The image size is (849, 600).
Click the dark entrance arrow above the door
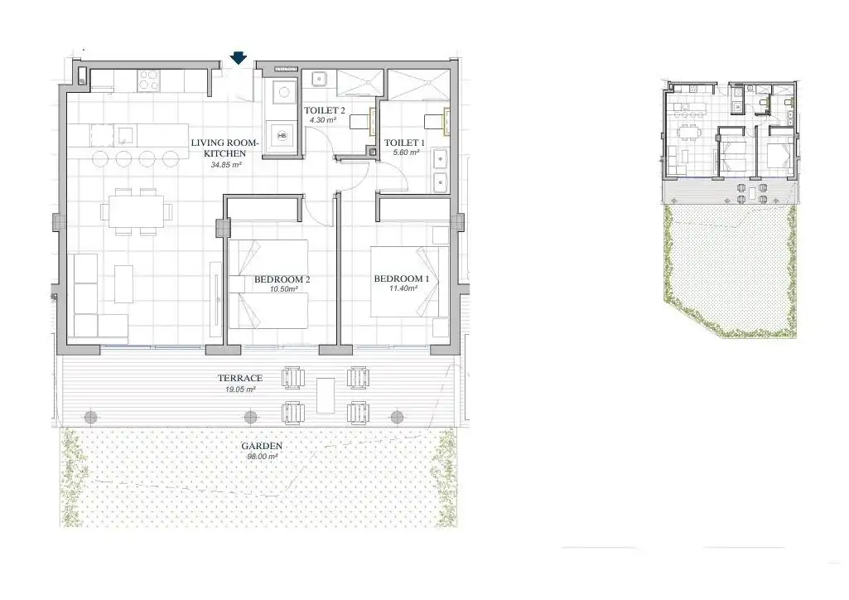pos(239,58)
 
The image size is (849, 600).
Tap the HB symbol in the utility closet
pos(282,135)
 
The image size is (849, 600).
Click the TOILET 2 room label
pos(325,110)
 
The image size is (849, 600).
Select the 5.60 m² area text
pos(406,152)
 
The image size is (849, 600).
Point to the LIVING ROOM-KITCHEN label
pos(224,148)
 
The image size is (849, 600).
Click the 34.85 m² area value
pos(226,165)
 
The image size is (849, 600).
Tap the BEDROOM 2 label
pos(282,279)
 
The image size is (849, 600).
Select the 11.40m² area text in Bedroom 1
pos(403,288)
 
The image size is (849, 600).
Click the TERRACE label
pos(240,378)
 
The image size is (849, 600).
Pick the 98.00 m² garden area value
pos(263,457)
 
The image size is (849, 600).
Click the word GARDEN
pos(262,446)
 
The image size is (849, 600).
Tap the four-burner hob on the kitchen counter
pos(148,80)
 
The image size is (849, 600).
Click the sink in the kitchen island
pos(125,135)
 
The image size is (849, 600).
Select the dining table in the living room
pos(135,210)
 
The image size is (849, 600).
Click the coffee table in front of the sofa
pos(123,283)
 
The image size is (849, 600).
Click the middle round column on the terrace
pos(249,417)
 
